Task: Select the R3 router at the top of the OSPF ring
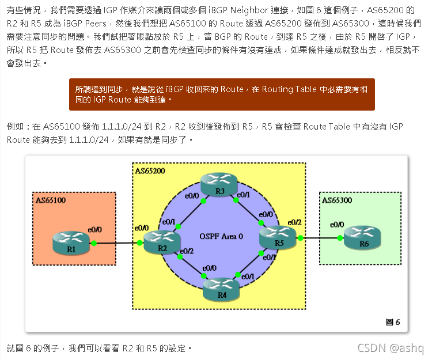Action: (x=219, y=185)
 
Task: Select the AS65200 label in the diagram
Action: (x=151, y=171)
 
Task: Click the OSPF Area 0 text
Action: (x=221, y=237)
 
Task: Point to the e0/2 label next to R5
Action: (x=294, y=222)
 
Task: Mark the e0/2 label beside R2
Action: (x=187, y=251)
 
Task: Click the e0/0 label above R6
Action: (x=337, y=225)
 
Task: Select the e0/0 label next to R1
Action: (x=94, y=229)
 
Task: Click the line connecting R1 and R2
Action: (x=118, y=243)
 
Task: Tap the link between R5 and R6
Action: (x=320, y=237)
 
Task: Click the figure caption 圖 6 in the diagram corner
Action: (x=392, y=322)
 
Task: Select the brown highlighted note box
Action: (x=222, y=94)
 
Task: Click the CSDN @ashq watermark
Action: (x=390, y=348)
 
